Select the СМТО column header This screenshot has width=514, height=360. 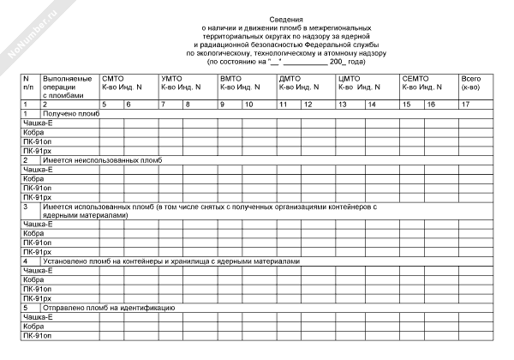point(113,79)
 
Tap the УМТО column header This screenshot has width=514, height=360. point(171,79)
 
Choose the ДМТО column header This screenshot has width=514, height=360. point(290,79)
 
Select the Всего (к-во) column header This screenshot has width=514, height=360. point(471,83)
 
